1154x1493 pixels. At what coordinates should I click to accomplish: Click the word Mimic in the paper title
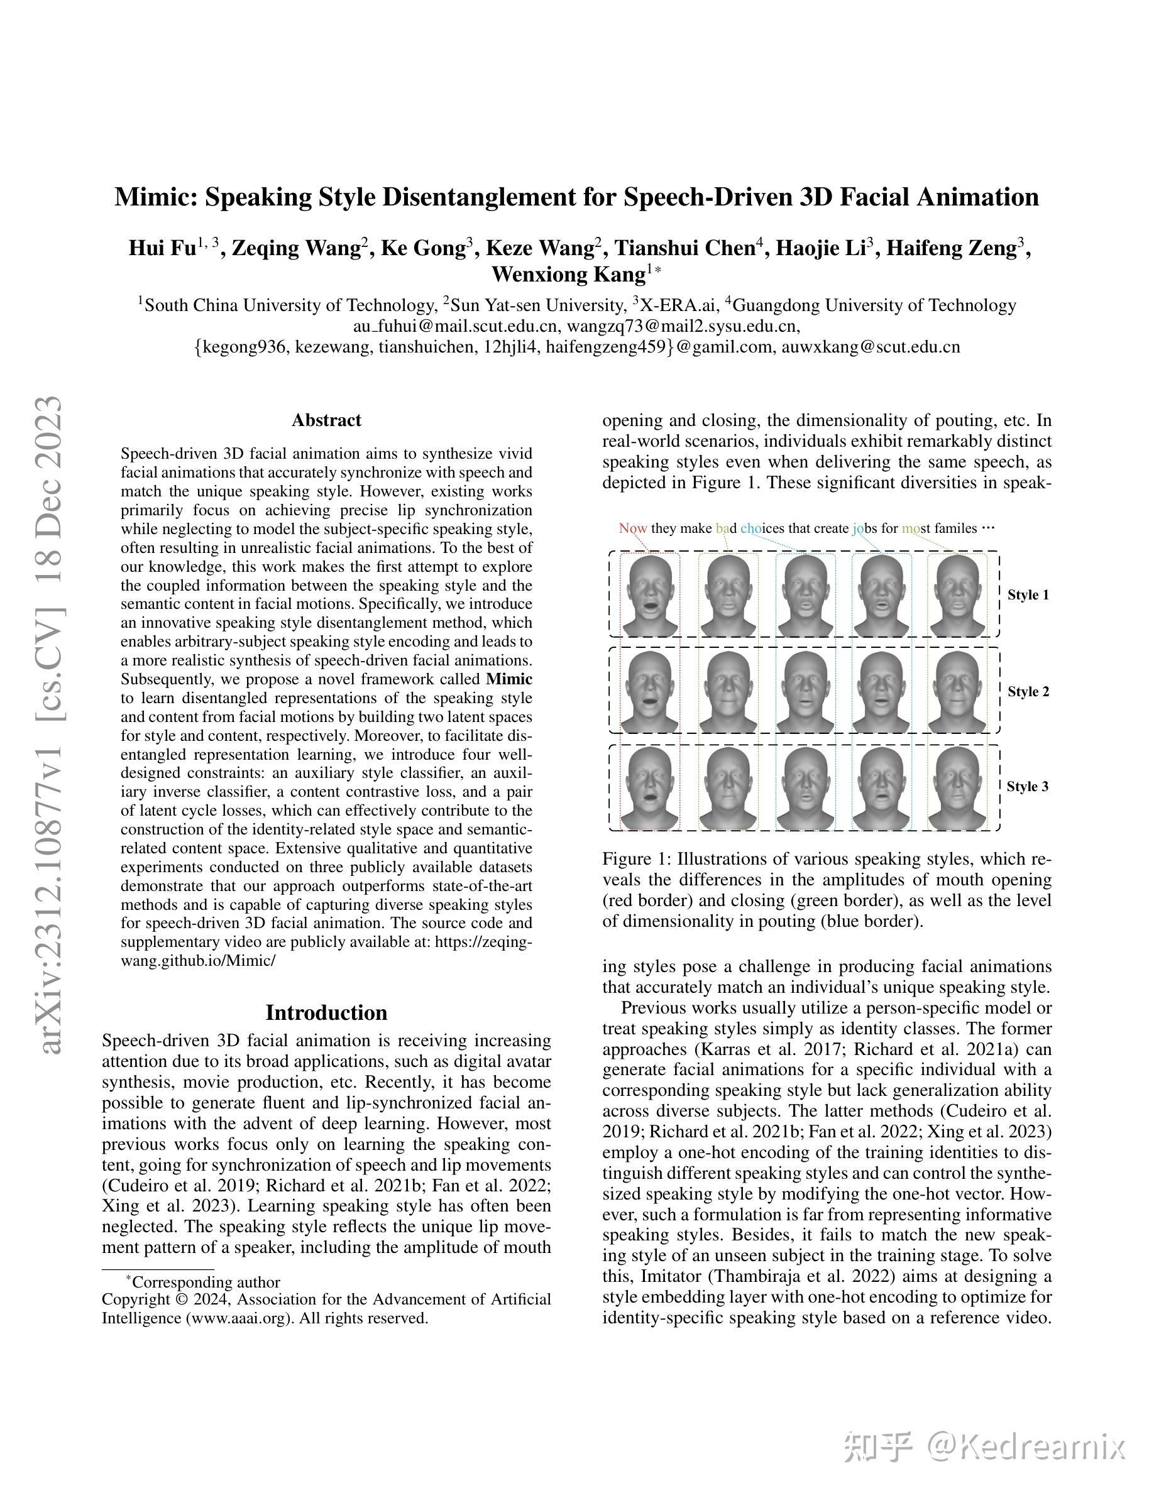[x=155, y=197]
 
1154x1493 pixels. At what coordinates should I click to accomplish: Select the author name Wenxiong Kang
[x=568, y=274]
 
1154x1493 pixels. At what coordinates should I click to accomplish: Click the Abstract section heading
[x=326, y=420]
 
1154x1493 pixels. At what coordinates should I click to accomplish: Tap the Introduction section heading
[x=326, y=1012]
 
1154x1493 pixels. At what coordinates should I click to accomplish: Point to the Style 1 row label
[x=1028, y=594]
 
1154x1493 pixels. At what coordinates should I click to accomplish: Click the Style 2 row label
[x=1028, y=692]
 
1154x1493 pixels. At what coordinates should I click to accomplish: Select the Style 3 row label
[x=1028, y=787]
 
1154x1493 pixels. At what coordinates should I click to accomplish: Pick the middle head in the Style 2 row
[x=805, y=691]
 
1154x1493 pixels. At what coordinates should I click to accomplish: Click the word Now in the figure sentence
[x=632, y=528]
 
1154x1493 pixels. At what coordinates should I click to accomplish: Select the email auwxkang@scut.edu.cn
[x=871, y=347]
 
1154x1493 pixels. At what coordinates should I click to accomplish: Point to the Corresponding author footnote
[x=205, y=1282]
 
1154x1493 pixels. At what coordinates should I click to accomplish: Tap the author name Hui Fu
[x=162, y=248]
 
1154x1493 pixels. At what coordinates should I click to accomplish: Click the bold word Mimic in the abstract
[x=508, y=679]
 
